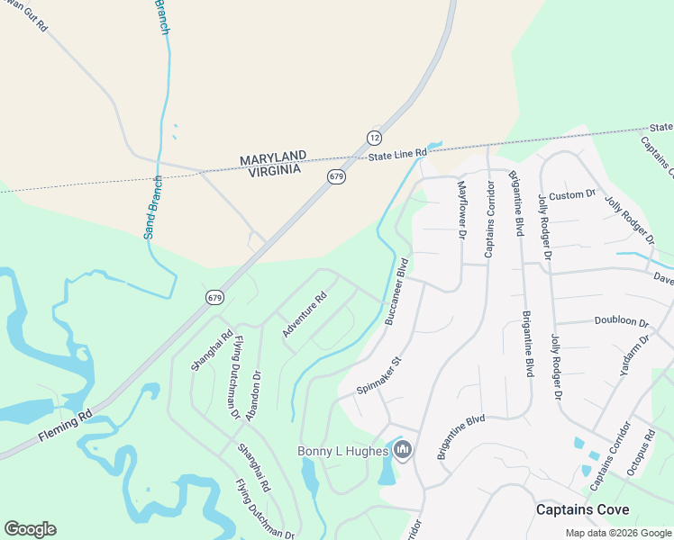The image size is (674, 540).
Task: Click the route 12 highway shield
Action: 374,137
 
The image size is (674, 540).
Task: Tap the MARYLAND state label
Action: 273,158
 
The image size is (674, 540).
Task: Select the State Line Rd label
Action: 396,156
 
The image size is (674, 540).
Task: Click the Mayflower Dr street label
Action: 461,209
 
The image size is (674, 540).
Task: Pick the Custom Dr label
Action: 573,193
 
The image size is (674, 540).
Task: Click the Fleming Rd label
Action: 65,427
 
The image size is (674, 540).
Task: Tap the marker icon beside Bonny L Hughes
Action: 403,449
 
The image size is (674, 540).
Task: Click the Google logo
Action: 30,529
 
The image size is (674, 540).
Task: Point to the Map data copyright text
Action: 617,533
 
